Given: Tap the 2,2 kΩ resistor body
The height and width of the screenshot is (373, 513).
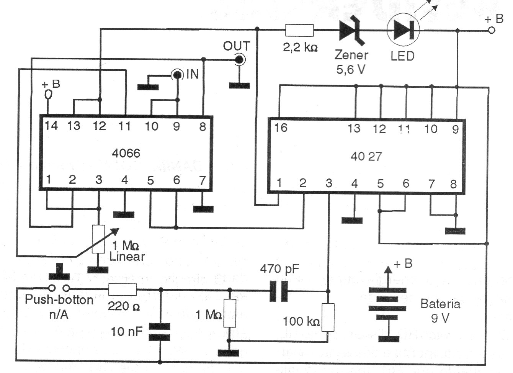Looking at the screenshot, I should pos(300,30).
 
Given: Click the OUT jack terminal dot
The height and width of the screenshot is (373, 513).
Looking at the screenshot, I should pos(239,59).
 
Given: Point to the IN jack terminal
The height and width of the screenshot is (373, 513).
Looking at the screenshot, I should pos(177,75).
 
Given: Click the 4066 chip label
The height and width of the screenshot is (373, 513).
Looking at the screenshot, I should pos(126,153).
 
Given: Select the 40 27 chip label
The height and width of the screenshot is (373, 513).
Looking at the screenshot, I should pos(366,156).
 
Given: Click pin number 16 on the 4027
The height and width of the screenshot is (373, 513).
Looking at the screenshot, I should pos(281,128).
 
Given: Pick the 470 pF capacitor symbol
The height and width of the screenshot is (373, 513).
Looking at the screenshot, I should pos(279,291).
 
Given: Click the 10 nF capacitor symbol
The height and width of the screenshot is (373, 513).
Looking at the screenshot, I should pos(159,332).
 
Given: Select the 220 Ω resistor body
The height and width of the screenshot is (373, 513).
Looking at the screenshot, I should pos(123,290).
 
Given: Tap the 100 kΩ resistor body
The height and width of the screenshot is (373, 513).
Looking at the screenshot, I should pos(328,317).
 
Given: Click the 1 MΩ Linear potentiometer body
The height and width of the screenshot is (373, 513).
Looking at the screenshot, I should pos(98,239).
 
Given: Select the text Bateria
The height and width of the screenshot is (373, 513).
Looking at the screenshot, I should pos(440,304).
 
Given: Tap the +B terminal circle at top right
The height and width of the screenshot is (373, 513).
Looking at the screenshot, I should pos(492,30).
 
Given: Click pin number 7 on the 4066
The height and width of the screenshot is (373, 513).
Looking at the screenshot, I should pos(203,180).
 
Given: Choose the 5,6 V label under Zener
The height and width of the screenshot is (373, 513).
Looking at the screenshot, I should pos(351,70).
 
